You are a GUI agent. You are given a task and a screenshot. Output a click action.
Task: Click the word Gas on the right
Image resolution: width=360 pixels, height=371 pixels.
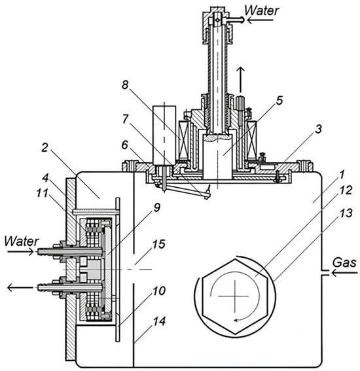point(344,262)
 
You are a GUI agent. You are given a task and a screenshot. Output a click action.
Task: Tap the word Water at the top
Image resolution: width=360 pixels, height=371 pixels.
point(262,10)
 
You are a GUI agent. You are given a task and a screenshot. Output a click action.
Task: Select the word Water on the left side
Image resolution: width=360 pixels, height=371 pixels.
point(22,241)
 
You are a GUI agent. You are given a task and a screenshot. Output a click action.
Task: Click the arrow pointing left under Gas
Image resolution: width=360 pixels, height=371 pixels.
point(344,273)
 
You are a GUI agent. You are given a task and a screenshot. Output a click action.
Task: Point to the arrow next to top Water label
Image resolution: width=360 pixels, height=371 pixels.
point(260,20)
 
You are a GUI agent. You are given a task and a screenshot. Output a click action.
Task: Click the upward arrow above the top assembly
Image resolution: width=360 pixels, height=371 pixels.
point(241,80)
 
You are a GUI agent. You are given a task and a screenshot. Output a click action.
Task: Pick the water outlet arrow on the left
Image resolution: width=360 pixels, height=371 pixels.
point(20,288)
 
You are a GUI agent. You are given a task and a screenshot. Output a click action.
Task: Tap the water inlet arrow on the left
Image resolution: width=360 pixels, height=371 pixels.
point(20,252)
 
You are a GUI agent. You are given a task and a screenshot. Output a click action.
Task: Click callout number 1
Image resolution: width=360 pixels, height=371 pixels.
point(341,175)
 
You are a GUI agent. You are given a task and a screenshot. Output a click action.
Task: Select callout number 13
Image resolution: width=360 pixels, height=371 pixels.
point(346,213)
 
